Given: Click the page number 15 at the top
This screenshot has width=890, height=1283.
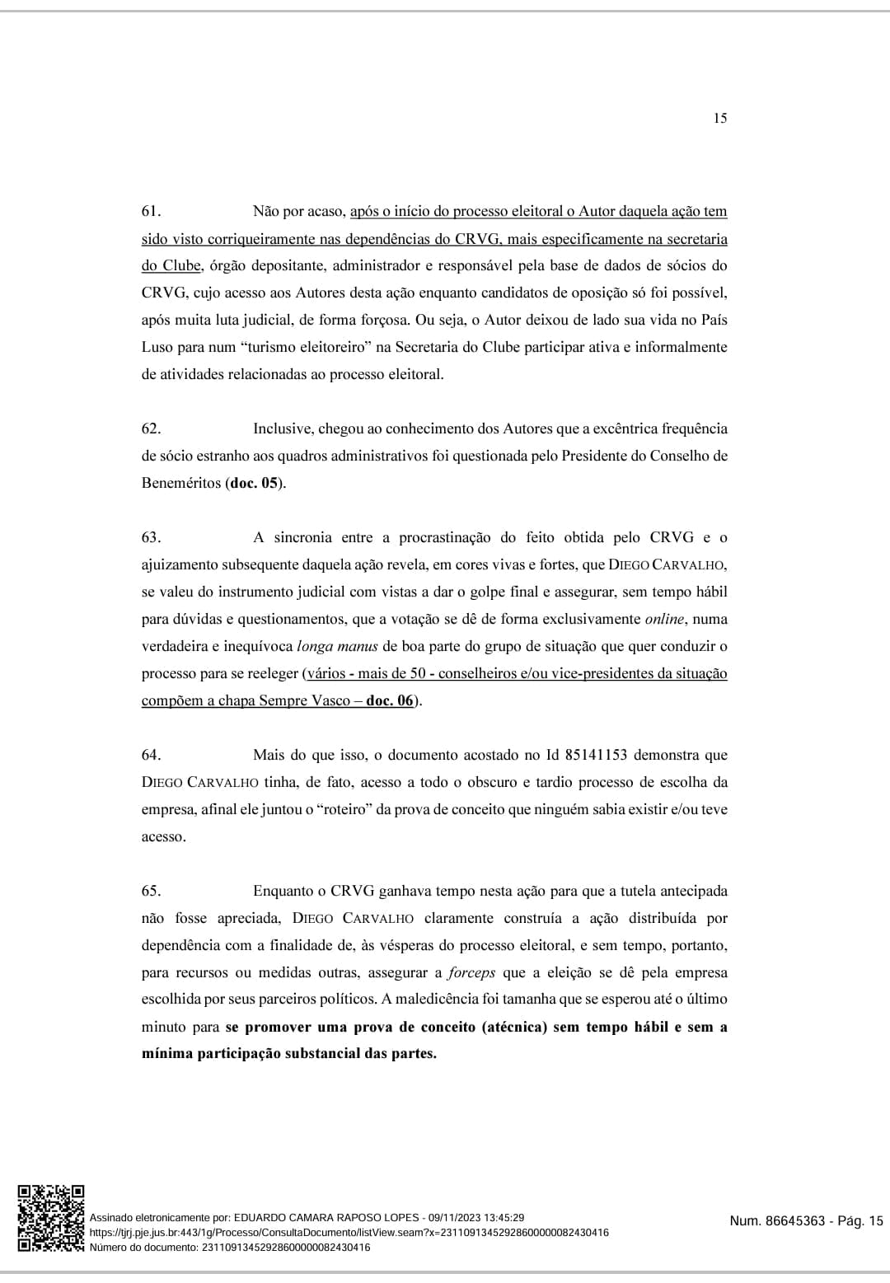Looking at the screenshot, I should pos(719,119).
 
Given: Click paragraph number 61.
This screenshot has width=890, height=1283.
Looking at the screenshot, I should pos(150,212).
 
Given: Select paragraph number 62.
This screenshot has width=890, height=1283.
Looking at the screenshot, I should pos(151,429).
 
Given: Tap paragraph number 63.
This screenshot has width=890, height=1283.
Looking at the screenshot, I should pos(151,538).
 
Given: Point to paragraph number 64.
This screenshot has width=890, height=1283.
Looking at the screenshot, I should pos(151,756).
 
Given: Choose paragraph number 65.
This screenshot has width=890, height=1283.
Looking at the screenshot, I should pos(151,892).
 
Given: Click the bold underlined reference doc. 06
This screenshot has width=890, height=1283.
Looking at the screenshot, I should pos(389,701).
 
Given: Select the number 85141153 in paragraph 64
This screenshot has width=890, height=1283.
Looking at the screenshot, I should pos(596,756).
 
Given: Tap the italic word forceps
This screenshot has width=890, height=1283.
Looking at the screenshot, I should pos(471,973).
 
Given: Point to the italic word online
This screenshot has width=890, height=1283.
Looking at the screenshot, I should pos(664,620).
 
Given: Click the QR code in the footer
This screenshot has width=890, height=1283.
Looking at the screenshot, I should pos(51,1219).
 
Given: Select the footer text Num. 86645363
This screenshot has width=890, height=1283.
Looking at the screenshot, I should pos(776,1221).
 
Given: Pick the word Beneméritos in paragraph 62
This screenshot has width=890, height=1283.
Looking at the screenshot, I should pos(181,484).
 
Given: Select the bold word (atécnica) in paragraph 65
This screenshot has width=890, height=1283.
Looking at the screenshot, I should pos(514,1028).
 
